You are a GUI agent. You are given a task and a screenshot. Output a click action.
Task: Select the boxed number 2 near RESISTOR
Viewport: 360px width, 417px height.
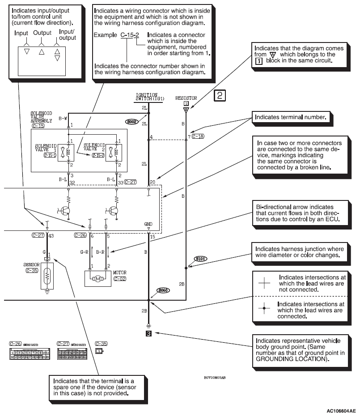tap(221, 95)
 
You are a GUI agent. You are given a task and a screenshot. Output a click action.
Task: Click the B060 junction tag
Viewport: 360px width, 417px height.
tap(163, 290)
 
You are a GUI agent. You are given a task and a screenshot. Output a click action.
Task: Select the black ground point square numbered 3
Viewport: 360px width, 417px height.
tap(149, 333)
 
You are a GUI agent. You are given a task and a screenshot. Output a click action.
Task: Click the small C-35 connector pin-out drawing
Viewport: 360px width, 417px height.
tap(99, 352)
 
